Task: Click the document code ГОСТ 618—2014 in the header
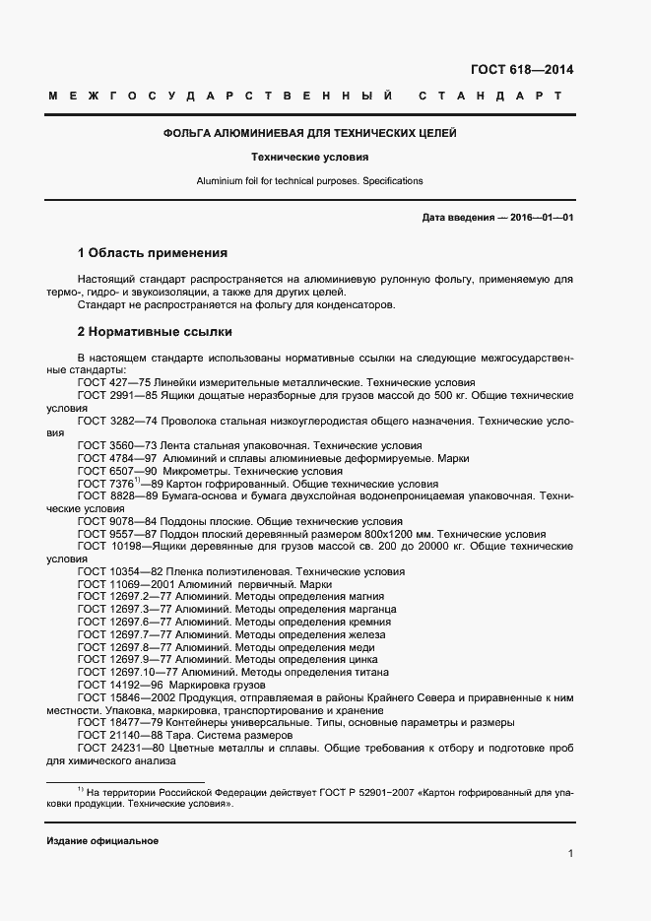click(x=522, y=69)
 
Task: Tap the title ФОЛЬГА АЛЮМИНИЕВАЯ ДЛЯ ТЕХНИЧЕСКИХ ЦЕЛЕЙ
click(x=309, y=133)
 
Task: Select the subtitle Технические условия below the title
click(x=309, y=157)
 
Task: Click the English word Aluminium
click(x=219, y=181)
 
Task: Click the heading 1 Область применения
click(x=152, y=253)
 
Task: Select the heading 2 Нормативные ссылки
click(x=155, y=332)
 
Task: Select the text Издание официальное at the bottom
click(x=102, y=841)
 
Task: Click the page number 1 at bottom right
click(x=570, y=853)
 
